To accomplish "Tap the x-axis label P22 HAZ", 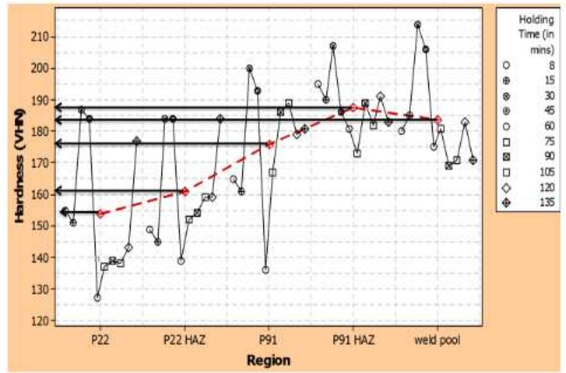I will pyautogui.click(x=184, y=340).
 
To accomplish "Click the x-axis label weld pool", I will pyautogui.click(x=437, y=340).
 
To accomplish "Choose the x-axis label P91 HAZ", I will pyautogui.click(x=354, y=340).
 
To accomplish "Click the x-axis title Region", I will pyautogui.click(x=269, y=360).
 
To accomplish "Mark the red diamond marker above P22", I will pyautogui.click(x=100, y=214).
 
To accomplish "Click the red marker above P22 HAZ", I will pyautogui.click(x=185, y=191).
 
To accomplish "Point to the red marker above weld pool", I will pyautogui.click(x=438, y=119).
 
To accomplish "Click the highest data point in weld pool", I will pyautogui.click(x=417, y=25).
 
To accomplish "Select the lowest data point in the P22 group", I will pyautogui.click(x=97, y=297).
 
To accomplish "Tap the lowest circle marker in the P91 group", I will pyautogui.click(x=265, y=270).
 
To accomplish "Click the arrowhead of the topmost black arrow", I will pyautogui.click(x=58, y=107).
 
